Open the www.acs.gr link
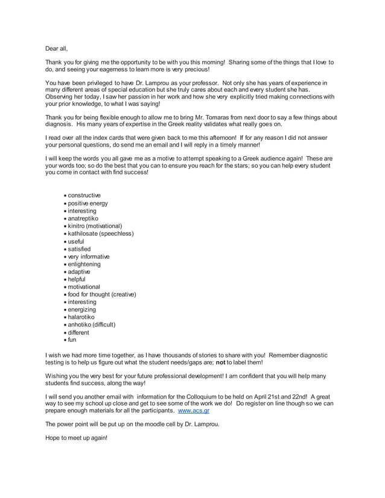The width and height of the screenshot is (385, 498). point(194,411)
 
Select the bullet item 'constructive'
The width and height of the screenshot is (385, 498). point(84,195)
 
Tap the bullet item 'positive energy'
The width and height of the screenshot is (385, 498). point(88,203)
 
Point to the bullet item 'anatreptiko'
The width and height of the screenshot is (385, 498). point(83,218)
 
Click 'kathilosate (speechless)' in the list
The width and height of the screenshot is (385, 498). point(100,233)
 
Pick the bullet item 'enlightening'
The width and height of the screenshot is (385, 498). point(84,264)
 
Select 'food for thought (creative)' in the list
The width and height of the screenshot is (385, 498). point(101,294)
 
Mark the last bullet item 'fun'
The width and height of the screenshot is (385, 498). point(72,340)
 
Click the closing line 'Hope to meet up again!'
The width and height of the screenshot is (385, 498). point(76,437)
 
